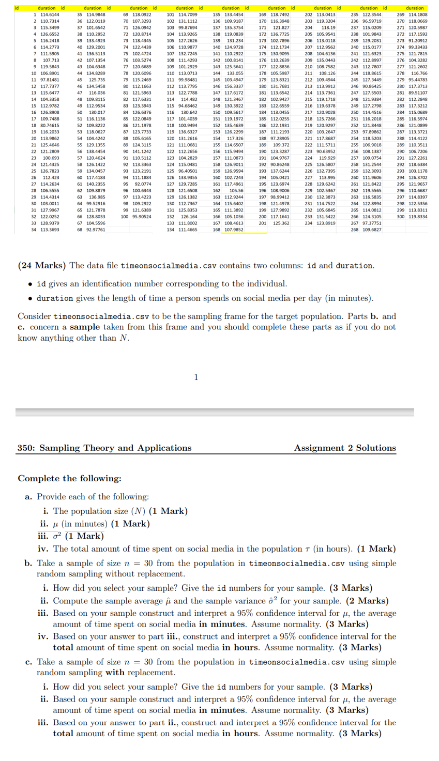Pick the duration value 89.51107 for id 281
[418, 93]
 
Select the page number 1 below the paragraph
[196, 376]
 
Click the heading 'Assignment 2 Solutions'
[345, 448]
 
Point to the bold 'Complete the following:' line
[70, 478]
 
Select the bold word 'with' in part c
[115, 673]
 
